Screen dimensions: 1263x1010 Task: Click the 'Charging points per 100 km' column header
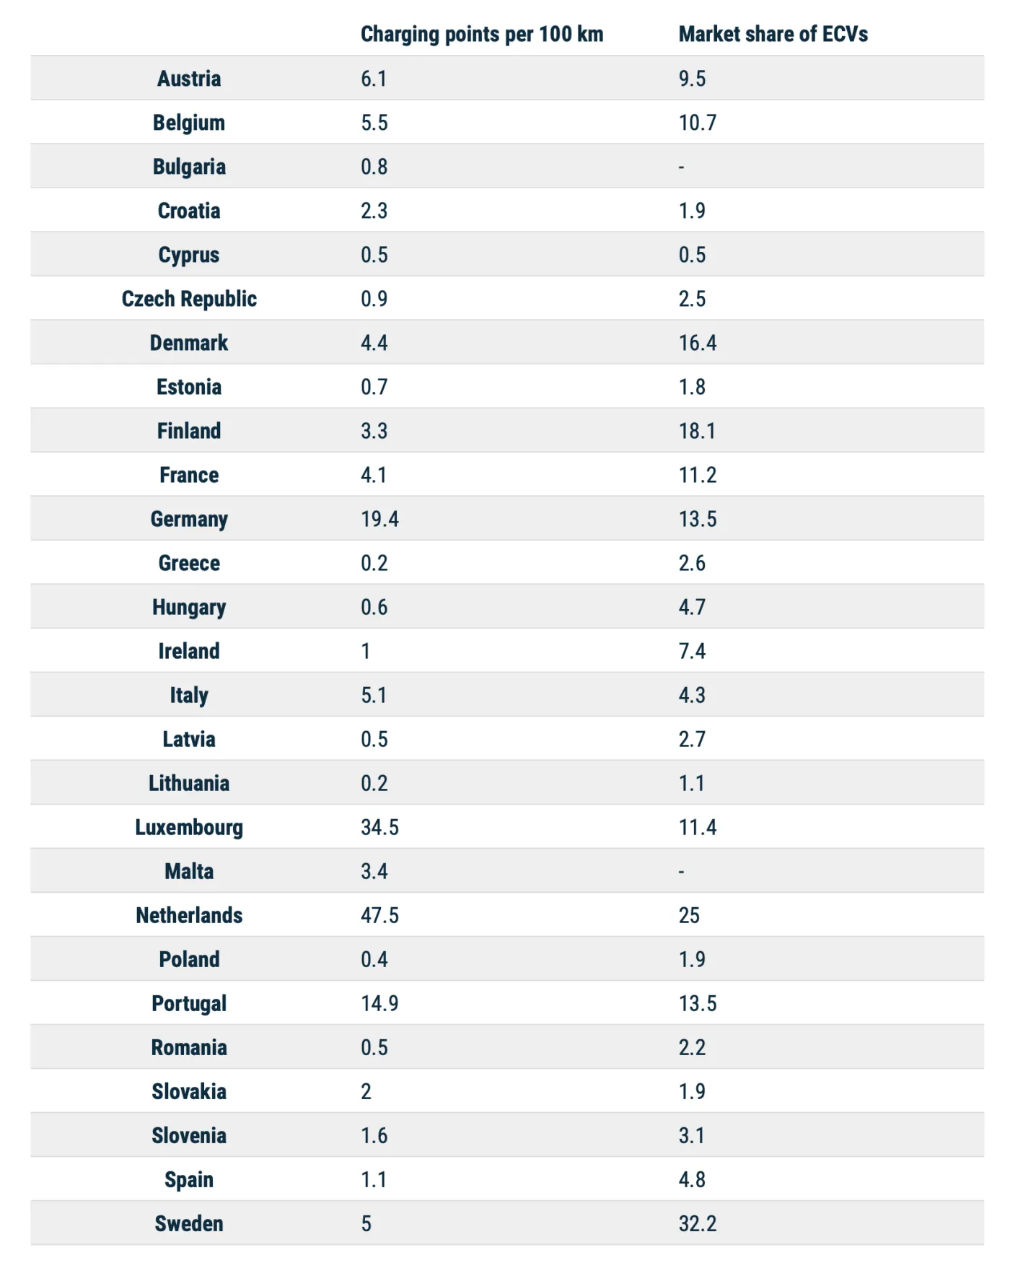pos(482,34)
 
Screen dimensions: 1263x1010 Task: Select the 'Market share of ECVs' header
pos(773,34)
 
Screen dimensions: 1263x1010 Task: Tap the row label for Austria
pos(189,79)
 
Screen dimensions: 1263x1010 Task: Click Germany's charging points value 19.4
pos(379,519)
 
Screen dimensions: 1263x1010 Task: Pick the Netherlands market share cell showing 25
pos(689,915)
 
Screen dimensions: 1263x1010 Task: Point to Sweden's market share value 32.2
pos(697,1223)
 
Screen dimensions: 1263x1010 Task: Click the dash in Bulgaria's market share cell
pos(681,167)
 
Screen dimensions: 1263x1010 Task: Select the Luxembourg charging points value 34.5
pos(379,827)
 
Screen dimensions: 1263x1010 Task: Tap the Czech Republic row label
pos(189,299)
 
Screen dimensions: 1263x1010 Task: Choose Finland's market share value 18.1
pos(697,431)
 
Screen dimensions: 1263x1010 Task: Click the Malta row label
pos(189,871)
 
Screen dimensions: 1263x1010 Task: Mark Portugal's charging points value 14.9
pos(379,1003)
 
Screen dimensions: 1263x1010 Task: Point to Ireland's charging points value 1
pos(366,651)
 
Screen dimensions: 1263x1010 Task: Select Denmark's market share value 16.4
pos(697,343)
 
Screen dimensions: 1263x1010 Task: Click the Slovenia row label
pos(189,1135)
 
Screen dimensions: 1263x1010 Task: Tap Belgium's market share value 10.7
pos(697,123)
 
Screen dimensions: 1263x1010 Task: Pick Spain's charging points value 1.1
pos(374,1179)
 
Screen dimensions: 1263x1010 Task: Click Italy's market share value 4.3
pos(692,695)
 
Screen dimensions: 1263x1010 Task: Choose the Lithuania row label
pos(189,783)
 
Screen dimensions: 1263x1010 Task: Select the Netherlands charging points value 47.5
pos(379,915)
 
